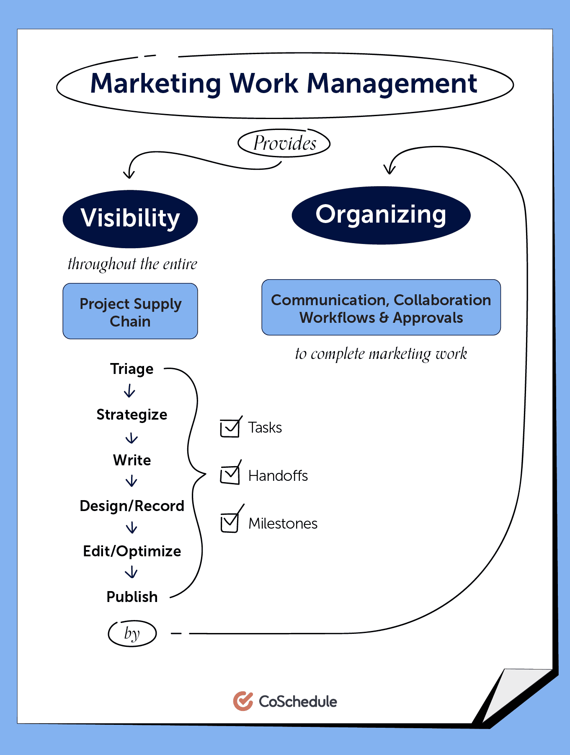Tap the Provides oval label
point(284,143)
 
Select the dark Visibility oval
point(130,218)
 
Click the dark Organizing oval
point(381,215)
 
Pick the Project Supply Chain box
point(130,311)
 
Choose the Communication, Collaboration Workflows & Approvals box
point(381,308)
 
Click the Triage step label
point(132,369)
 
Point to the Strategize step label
point(132,415)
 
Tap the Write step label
point(132,460)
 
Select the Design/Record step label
point(132,506)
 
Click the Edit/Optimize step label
point(132,551)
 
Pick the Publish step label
point(132,597)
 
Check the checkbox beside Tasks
point(230,428)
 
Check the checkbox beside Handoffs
point(230,475)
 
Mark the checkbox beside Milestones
point(230,523)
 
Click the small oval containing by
point(132,633)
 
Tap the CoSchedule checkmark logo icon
point(243,701)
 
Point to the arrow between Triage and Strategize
point(130,392)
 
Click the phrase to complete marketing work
point(381,354)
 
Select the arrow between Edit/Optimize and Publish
point(132,572)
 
